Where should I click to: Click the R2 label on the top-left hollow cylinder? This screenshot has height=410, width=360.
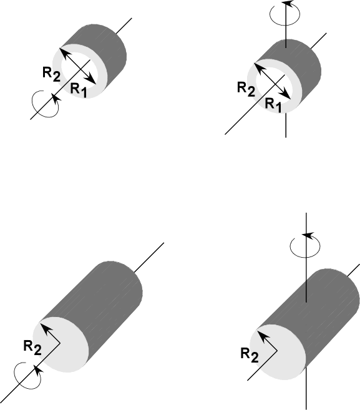[52, 74]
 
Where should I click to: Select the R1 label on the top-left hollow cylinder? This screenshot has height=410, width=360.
[79, 90]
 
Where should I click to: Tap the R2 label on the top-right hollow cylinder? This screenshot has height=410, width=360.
[246, 89]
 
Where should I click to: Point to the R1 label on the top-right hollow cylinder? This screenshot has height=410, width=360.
[273, 105]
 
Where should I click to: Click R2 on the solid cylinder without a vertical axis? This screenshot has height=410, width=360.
[32, 348]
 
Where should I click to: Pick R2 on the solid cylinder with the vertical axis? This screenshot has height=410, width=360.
[250, 355]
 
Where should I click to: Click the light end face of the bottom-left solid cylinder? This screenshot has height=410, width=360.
[61, 344]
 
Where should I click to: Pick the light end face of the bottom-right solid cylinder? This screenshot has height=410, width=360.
[278, 352]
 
